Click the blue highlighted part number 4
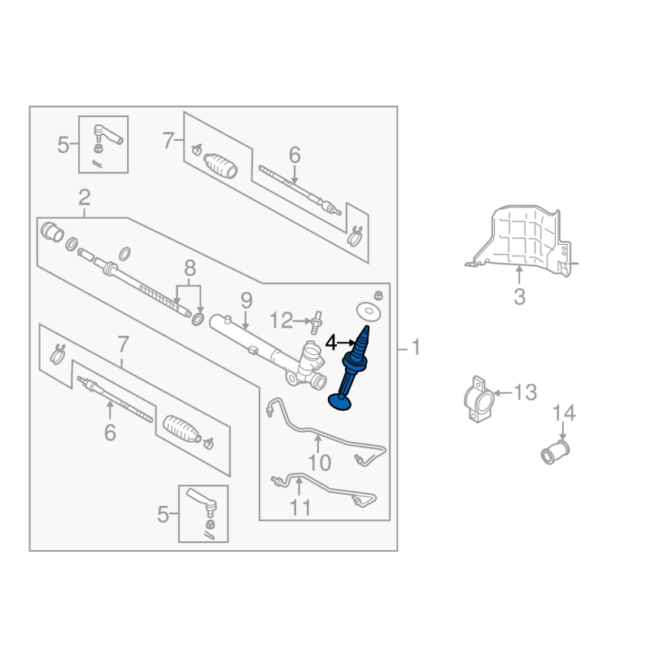[x=352, y=369]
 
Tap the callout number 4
[x=331, y=343]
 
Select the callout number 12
[x=281, y=321]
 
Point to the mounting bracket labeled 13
[x=478, y=400]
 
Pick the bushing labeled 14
[x=555, y=453]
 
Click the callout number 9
[x=247, y=300]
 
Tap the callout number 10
[x=319, y=462]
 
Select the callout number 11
[x=299, y=507]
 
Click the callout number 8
[x=190, y=269]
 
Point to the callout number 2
[x=85, y=198]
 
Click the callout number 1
[x=416, y=347]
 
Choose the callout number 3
[x=519, y=297]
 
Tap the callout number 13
[x=526, y=392]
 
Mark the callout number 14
[x=564, y=413]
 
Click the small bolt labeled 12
[x=316, y=322]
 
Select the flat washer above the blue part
[x=369, y=312]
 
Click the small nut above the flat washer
[x=378, y=295]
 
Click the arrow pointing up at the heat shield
[x=519, y=275]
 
